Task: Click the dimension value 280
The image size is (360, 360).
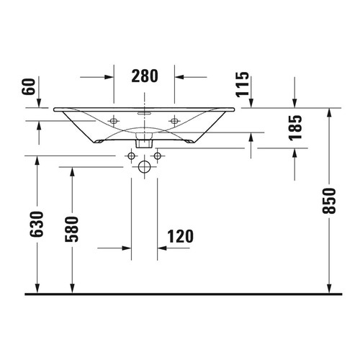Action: [x=145, y=76]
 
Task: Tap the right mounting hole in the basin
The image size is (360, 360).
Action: [x=174, y=120]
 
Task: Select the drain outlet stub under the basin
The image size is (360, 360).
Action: [x=144, y=141]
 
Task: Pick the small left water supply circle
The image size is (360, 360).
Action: [x=131, y=156]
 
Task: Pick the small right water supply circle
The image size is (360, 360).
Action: [x=157, y=156]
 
